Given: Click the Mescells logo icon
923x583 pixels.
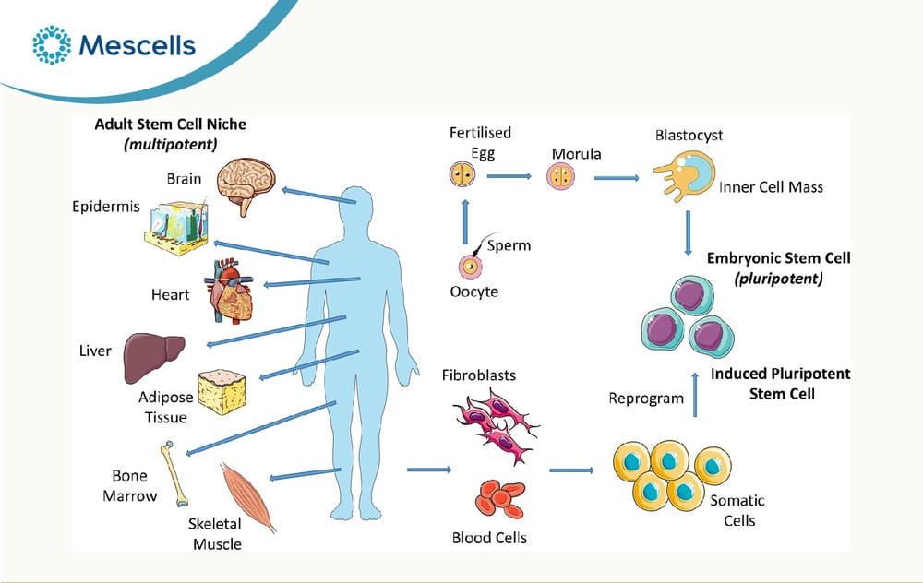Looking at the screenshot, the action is [52, 44].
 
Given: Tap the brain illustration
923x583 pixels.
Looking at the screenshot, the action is [246, 184].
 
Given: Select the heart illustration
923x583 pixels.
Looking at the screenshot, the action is [230, 291].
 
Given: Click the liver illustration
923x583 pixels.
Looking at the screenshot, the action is [153, 357].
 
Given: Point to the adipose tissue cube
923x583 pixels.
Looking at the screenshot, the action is [222, 392].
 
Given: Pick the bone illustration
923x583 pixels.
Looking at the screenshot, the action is [174, 473].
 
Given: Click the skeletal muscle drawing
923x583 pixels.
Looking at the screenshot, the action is [247, 496].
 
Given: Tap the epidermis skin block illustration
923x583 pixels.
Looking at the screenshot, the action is [176, 228].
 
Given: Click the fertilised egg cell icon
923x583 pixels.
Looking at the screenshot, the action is [462, 174].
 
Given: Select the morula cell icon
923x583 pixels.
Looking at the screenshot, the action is [560, 176].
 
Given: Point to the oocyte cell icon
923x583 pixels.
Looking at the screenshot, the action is [471, 267].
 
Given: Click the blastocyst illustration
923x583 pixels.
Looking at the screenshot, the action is [685, 174].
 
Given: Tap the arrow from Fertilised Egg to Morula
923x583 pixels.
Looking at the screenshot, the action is [509, 176].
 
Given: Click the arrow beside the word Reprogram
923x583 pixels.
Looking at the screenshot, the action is [695, 395].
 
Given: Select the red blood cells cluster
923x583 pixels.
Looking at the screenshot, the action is [499, 498].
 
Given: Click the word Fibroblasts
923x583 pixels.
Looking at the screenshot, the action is [478, 375].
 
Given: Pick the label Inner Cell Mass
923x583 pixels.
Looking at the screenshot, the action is [771, 187].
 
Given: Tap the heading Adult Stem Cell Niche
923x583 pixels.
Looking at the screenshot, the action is [170, 125].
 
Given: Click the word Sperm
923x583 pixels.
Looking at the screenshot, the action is [509, 245].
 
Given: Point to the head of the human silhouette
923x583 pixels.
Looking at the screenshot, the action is [356, 205].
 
